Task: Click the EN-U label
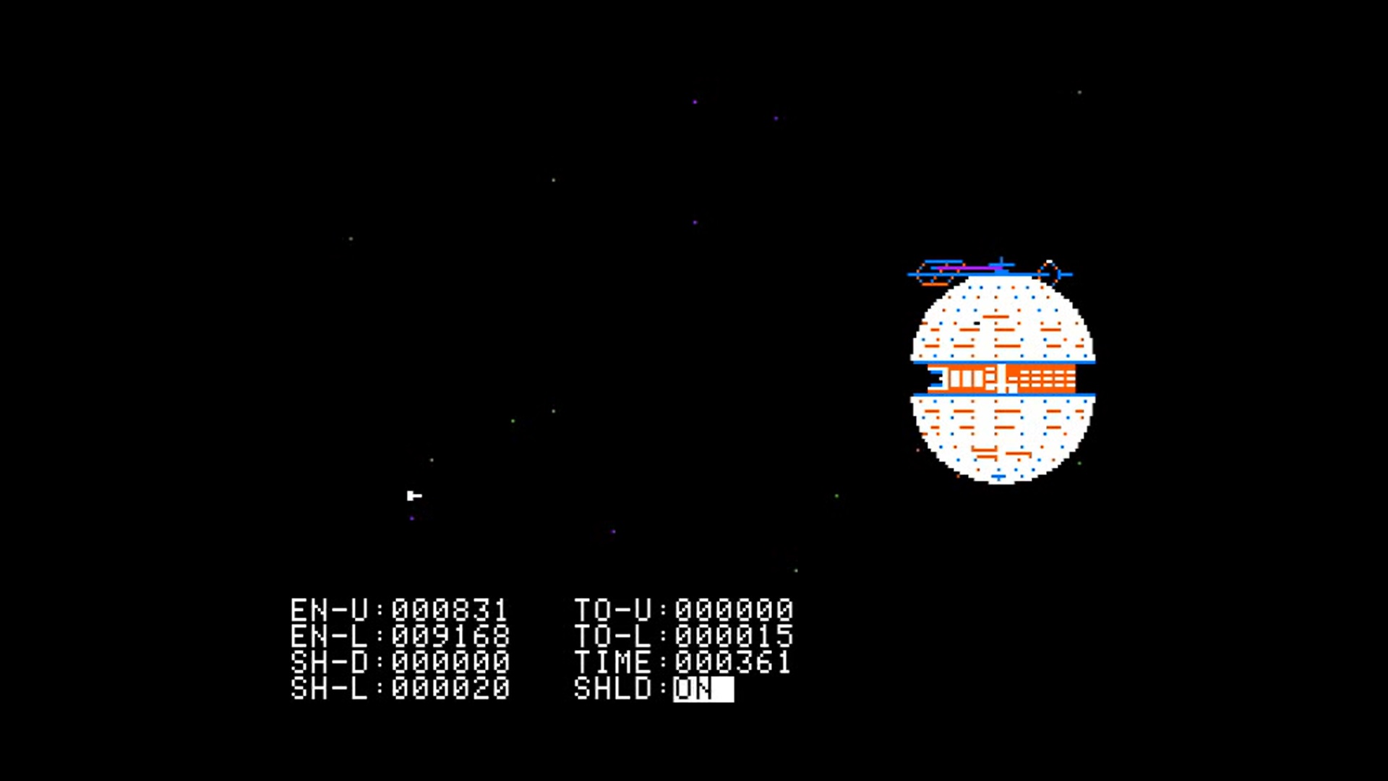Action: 330,610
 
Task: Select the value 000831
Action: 450,610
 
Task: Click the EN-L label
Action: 330,636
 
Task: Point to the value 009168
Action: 450,636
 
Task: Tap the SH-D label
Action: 330,662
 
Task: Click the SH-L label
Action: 330,688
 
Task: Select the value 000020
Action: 450,688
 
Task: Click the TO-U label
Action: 613,610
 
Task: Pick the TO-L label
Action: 613,636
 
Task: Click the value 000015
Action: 734,636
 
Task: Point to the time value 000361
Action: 734,662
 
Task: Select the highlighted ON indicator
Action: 703,688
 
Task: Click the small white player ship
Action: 414,495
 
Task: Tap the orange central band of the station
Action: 1002,378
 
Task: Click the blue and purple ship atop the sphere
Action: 969,270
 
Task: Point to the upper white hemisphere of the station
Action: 1002,318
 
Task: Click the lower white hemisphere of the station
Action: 1002,438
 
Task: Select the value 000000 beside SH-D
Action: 450,662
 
